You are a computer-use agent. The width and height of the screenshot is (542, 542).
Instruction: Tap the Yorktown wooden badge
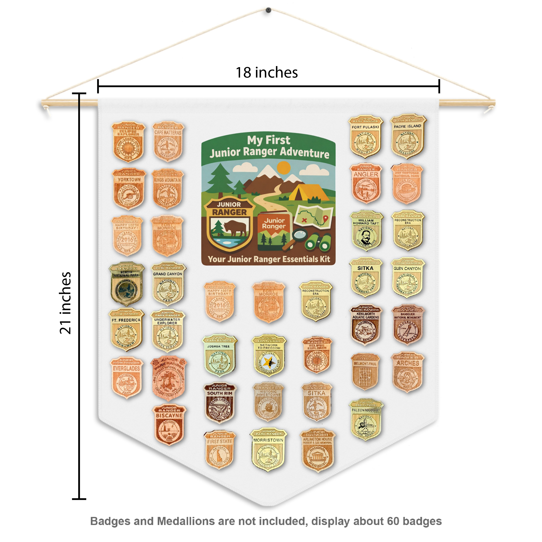pos(129,189)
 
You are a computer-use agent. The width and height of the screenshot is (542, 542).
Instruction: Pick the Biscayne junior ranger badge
pos(169,424)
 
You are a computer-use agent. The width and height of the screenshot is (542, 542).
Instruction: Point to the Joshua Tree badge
pos(219,355)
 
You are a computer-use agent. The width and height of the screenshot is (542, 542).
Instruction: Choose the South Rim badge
pos(220,403)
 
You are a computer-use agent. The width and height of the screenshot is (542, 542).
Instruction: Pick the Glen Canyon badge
pos(407,277)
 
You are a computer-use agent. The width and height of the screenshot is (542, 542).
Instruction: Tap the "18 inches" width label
pos(267,73)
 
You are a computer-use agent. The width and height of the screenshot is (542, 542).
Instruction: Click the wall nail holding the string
pos(268,10)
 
